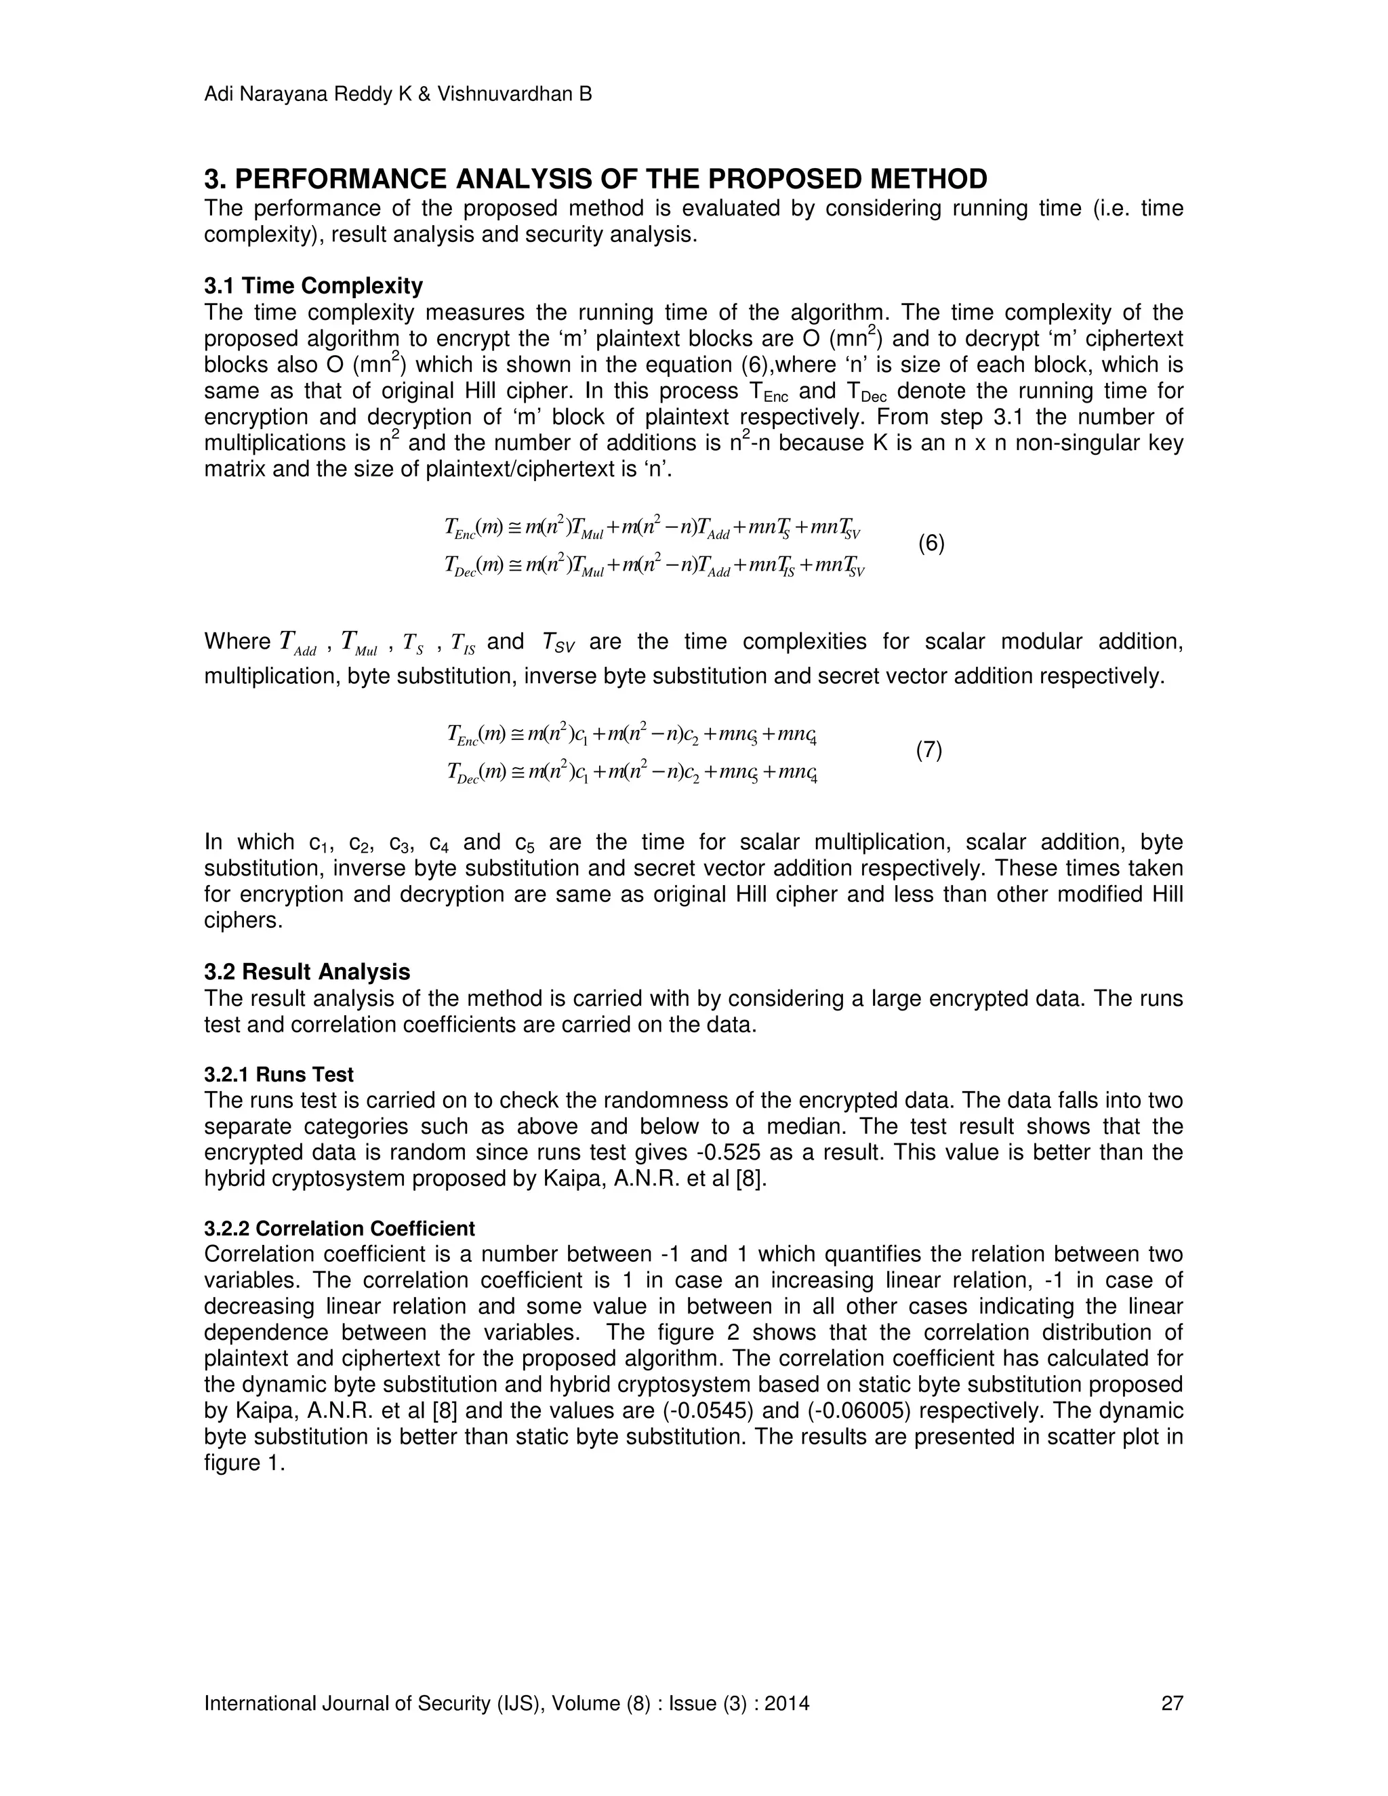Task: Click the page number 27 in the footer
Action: [1172, 1703]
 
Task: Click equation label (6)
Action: [931, 544]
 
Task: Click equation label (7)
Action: [929, 750]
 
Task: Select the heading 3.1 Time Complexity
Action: [313, 286]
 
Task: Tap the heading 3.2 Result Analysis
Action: [307, 972]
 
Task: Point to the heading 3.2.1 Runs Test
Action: [279, 1075]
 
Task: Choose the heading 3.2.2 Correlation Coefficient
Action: [339, 1229]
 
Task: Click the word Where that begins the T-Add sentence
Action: [237, 641]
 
